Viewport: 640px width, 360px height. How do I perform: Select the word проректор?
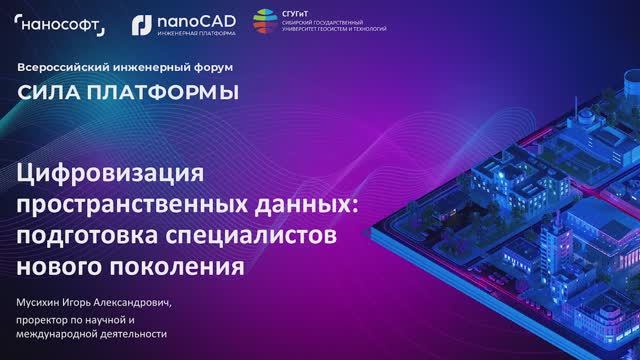coord(44,319)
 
